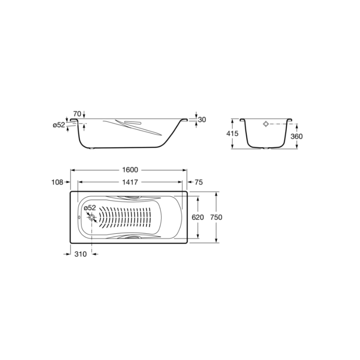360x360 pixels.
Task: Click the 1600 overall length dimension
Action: coord(130,170)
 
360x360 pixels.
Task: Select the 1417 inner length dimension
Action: coord(130,182)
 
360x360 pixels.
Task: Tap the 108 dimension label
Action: coord(57,182)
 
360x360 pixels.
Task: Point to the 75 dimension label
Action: coord(199,182)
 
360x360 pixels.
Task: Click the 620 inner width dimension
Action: coord(198,217)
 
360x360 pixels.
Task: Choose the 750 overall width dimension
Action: coord(216,217)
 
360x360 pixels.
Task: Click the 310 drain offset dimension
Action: coord(81,254)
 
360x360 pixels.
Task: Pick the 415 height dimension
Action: coord(232,133)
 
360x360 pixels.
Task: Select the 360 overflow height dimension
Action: coord(297,136)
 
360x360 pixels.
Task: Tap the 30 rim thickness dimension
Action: coord(202,120)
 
